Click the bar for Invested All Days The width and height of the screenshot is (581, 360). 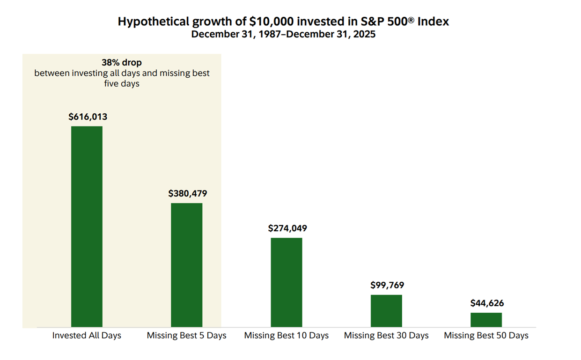click(87, 227)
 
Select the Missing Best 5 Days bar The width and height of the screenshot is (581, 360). click(186, 265)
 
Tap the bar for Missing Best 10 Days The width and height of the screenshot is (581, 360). click(287, 282)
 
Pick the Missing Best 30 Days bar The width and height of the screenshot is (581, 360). click(386, 311)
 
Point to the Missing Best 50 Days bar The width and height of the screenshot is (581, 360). click(486, 320)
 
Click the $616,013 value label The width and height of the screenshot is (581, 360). click(88, 117)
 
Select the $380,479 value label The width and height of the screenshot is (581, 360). click(188, 193)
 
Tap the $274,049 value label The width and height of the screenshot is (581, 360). click(287, 228)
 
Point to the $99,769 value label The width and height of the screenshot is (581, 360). click(387, 285)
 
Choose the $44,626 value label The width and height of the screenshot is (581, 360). click(487, 303)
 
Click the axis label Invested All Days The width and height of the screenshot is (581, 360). click(87, 336)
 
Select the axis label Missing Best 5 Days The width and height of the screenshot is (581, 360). click(186, 336)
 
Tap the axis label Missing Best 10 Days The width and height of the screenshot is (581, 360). click(287, 336)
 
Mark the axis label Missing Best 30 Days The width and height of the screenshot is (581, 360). click(386, 336)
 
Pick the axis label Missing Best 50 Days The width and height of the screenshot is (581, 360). click(486, 336)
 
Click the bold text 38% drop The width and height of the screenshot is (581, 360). click(122, 63)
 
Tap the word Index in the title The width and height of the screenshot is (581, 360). click(435, 22)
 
